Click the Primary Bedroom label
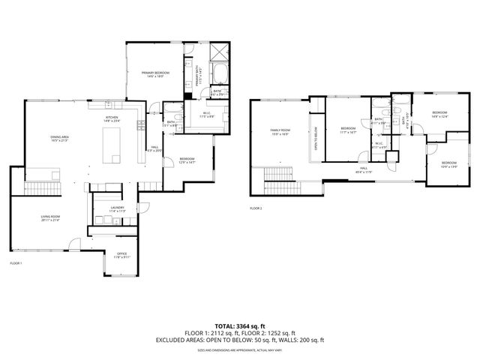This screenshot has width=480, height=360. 155,73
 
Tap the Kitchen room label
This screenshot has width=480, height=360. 112,118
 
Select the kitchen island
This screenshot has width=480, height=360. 112,144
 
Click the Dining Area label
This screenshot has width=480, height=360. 39,139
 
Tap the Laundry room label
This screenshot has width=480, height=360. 106,208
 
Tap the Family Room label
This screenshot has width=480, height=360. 280,132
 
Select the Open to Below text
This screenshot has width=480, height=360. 316,137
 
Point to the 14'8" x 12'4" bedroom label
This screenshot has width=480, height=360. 439,114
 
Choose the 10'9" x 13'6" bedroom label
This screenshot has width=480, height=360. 448,164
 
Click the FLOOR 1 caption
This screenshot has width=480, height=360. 16,263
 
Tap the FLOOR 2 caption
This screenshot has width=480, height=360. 256,208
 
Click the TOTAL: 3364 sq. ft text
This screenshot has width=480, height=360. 240,326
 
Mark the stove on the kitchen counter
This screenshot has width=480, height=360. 142,127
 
